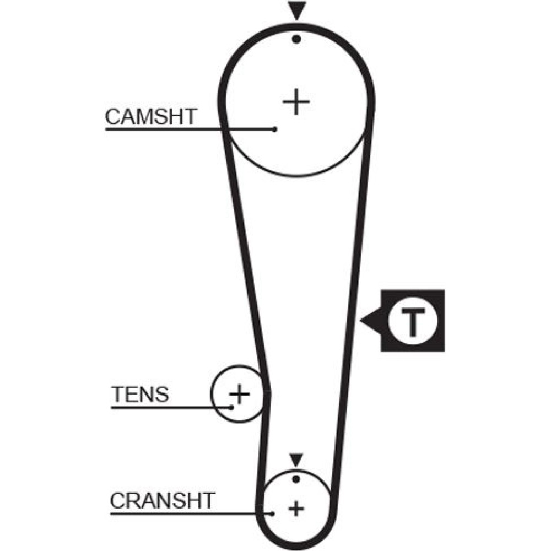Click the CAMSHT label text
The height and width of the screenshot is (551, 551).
[x=150, y=116]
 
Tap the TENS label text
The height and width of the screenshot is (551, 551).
[x=139, y=395]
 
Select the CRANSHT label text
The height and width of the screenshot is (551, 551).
[x=161, y=501]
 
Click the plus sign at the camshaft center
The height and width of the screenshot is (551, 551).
[x=296, y=102]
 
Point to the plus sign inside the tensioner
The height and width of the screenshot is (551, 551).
[x=239, y=394]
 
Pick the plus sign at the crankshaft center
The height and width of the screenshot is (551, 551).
[x=296, y=508]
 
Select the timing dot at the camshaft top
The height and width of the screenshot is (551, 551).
[x=296, y=39]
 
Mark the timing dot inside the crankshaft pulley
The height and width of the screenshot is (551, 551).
[x=296, y=479]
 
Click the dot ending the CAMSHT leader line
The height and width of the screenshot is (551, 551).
[x=274, y=129]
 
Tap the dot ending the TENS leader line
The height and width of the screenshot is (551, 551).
[x=233, y=407]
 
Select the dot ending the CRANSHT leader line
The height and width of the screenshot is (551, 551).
[x=273, y=514]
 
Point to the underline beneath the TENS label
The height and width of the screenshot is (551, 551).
[x=165, y=407]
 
